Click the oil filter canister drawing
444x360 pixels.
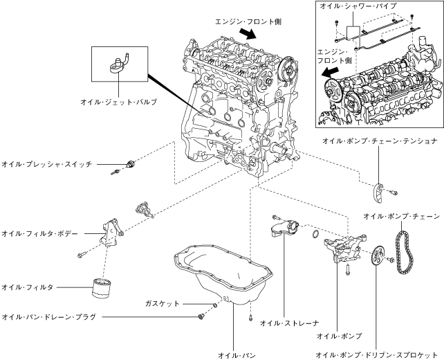pyautogui.click(x=102, y=288)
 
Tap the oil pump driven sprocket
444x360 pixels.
pyautogui.click(x=378, y=256)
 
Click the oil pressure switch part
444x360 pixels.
pyautogui.click(x=131, y=164)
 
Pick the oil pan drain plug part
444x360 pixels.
pyautogui.click(x=202, y=316)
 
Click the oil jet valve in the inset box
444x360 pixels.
pyautogui.click(x=119, y=63)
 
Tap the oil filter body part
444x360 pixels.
pyautogui.click(x=111, y=232)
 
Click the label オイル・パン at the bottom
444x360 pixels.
pyautogui.click(x=237, y=355)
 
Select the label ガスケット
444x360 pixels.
pyautogui.click(x=163, y=304)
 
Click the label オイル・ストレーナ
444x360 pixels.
pyautogui.click(x=289, y=323)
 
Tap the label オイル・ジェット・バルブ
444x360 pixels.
pyautogui.click(x=118, y=102)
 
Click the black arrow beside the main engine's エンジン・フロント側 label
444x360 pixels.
pyautogui.click(x=248, y=33)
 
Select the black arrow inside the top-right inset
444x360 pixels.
pyautogui.click(x=330, y=73)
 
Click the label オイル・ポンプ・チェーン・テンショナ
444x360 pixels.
pyautogui.click(x=380, y=141)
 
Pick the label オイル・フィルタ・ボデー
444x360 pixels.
pyautogui.click(x=39, y=233)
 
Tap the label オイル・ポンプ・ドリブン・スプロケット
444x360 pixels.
pyautogui.click(x=377, y=355)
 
